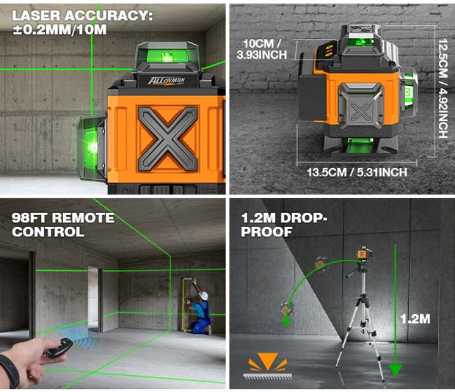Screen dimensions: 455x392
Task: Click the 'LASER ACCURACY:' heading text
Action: coord(82,15)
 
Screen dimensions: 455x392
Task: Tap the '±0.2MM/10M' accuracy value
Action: coord(59,29)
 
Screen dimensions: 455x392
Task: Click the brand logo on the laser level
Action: coord(167,80)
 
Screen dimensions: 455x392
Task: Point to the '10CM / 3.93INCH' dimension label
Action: coord(262,49)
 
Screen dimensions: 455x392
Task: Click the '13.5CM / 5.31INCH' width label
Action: coord(357,173)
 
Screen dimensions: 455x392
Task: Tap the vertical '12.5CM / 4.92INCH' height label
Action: coord(443,88)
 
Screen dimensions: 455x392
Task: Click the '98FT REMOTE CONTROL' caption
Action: coord(63,225)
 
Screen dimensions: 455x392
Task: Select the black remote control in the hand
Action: coord(59,348)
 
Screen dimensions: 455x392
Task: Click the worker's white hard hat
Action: coord(204,296)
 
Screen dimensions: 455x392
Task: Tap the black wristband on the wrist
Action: coord(10,371)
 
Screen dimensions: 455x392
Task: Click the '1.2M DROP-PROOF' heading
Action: coord(284,225)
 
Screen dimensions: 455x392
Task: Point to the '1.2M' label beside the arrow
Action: coord(415,319)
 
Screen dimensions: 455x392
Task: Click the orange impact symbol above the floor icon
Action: coord(268,362)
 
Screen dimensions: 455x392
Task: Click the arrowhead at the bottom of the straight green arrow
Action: coord(396,370)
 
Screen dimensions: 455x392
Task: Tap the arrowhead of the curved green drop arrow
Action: coord(287,322)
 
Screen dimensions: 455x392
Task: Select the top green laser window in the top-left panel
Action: coord(167,56)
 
